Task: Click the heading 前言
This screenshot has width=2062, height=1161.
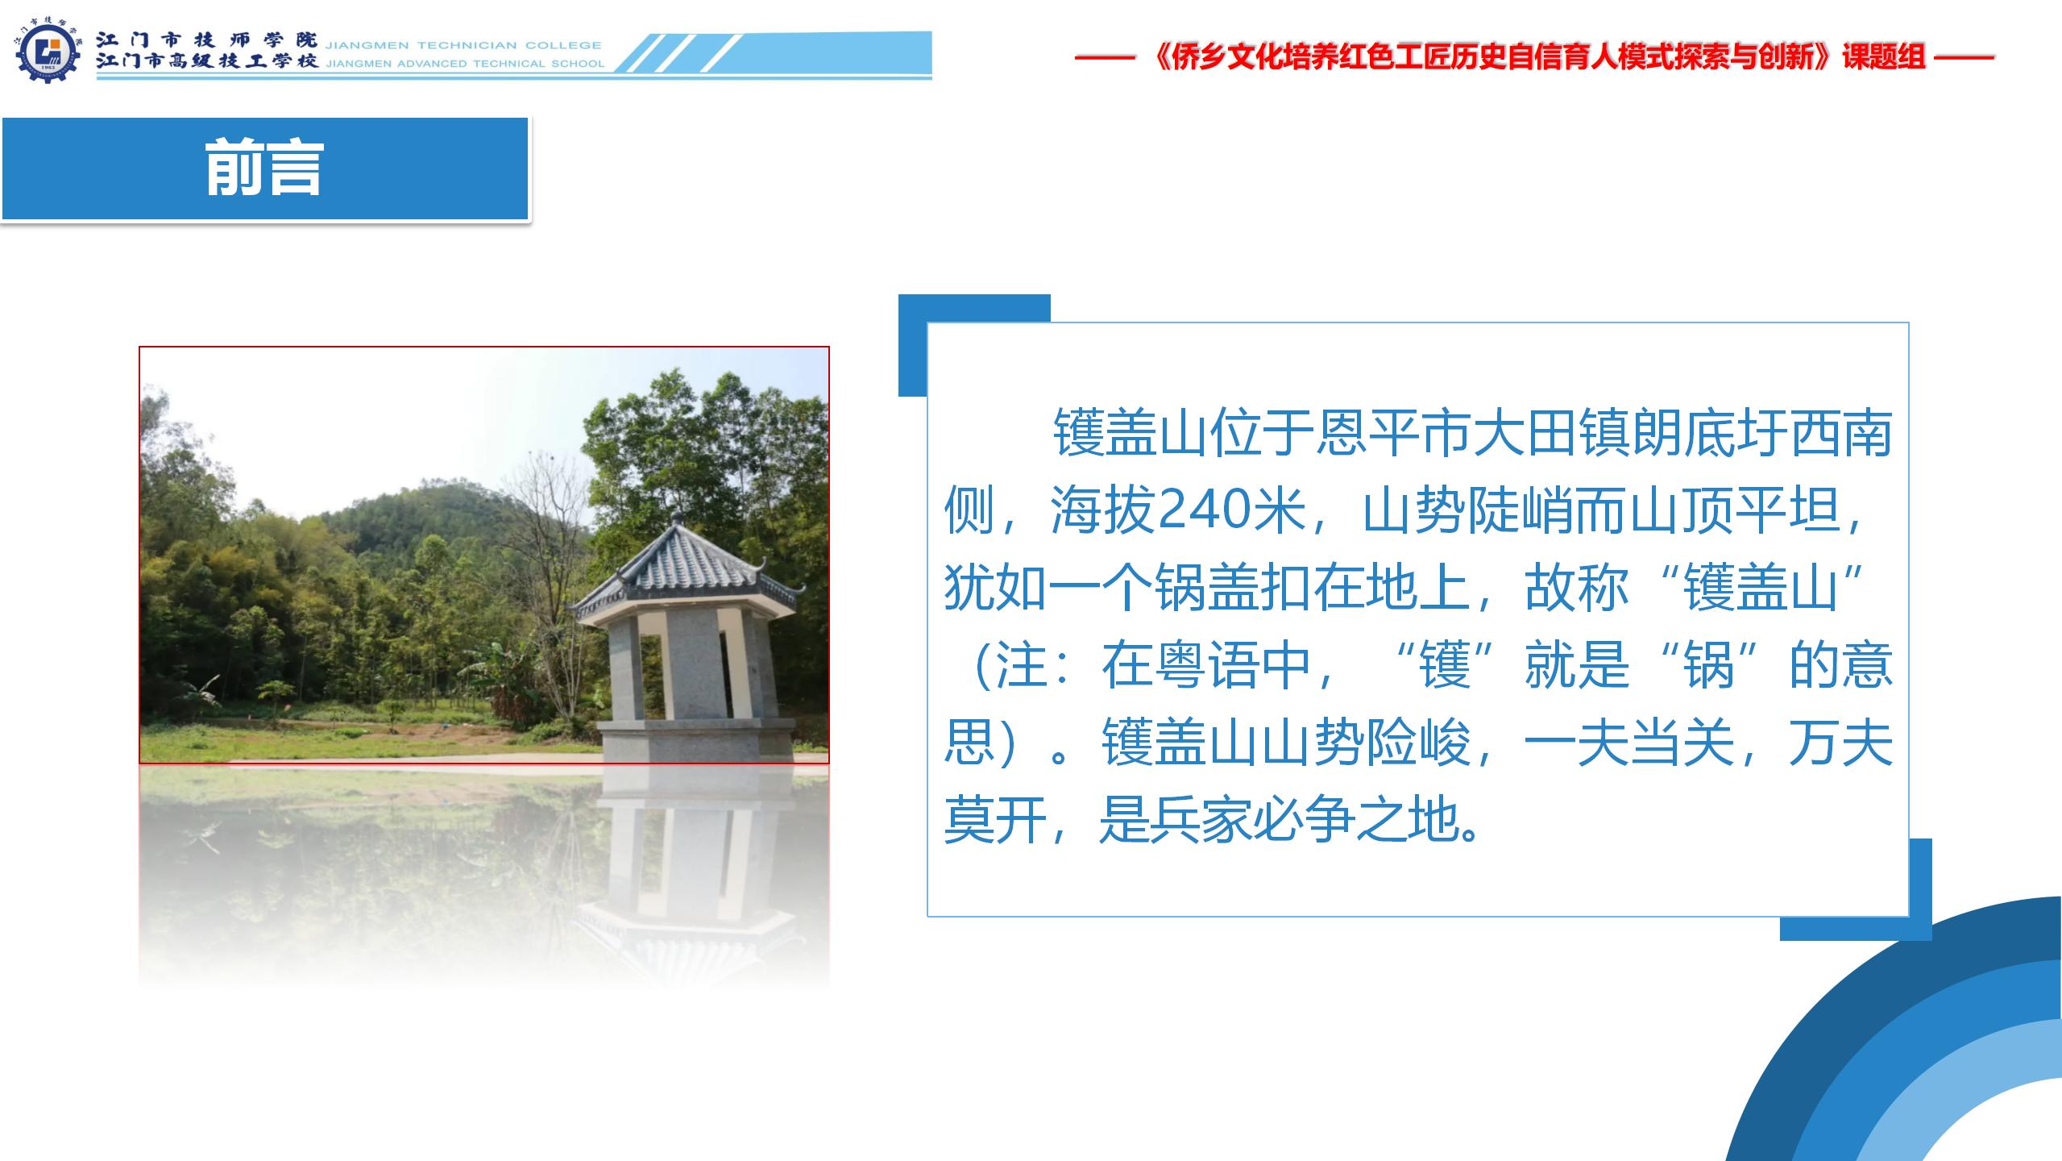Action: pyautogui.click(x=264, y=169)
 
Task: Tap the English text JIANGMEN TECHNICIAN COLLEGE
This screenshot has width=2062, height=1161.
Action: pyautogui.click(x=463, y=45)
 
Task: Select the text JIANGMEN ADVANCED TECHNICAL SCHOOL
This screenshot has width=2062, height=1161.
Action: pyautogui.click(x=465, y=64)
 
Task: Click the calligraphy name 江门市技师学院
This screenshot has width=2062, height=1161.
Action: pyautogui.click(x=206, y=40)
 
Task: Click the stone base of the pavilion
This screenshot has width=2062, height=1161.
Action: pyautogui.click(x=695, y=740)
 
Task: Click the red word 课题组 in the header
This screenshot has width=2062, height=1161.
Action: pyautogui.click(x=1883, y=57)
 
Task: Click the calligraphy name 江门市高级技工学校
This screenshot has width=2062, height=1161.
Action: pyautogui.click(x=206, y=61)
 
